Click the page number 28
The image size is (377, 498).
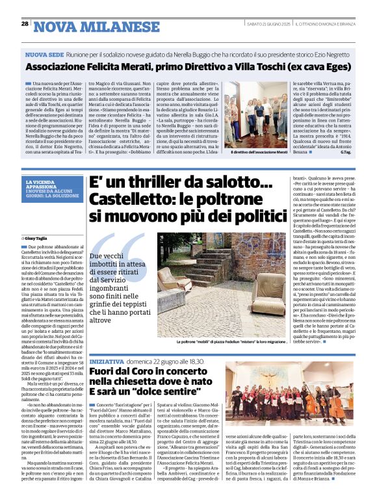[x=25, y=24]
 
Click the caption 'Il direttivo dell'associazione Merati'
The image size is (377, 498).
[x=259, y=152]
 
